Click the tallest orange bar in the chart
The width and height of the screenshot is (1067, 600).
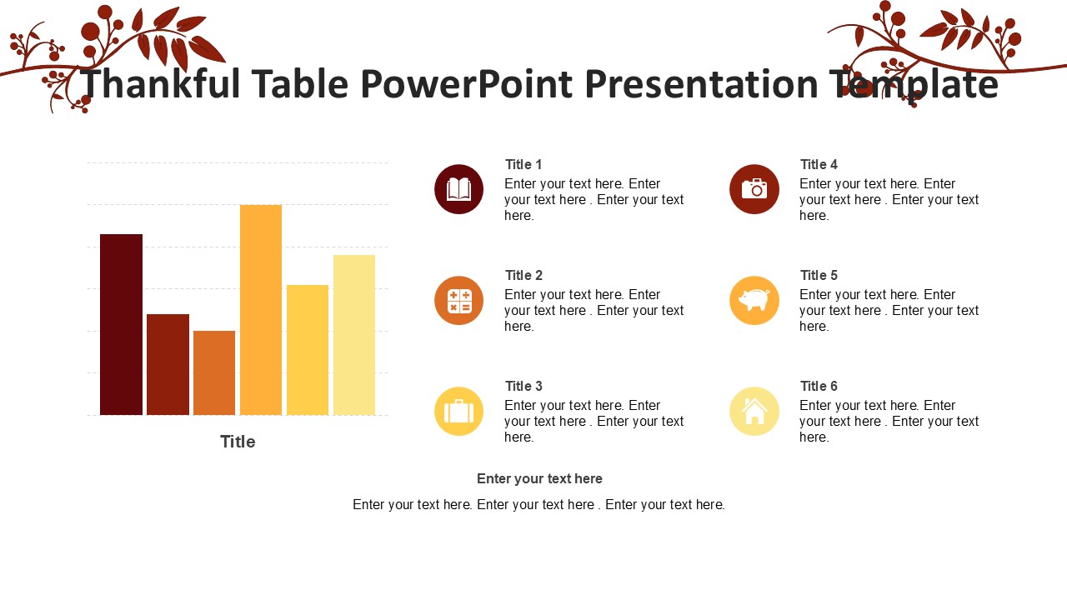[261, 309]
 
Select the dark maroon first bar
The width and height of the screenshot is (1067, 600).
[121, 324]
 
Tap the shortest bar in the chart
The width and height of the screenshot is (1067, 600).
[214, 372]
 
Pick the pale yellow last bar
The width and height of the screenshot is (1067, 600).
[354, 334]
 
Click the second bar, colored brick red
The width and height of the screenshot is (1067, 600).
[168, 364]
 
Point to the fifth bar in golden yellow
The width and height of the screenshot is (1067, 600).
[308, 349]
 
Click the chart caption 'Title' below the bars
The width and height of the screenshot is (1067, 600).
[238, 442]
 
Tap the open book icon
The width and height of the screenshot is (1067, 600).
[458, 189]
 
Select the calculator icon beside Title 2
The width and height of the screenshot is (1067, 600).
[458, 300]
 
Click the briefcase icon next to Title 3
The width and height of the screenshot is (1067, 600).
[458, 411]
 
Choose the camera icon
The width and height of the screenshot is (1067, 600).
[754, 189]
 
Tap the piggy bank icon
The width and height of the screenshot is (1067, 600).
[754, 300]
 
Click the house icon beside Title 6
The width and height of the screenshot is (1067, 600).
[754, 411]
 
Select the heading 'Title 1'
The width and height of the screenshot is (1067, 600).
[523, 165]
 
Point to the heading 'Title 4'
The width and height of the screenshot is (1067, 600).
[819, 165]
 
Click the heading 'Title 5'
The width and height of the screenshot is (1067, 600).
[819, 276]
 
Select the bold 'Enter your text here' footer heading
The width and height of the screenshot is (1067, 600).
[539, 479]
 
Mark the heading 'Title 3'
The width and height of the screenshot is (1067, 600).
[523, 387]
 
